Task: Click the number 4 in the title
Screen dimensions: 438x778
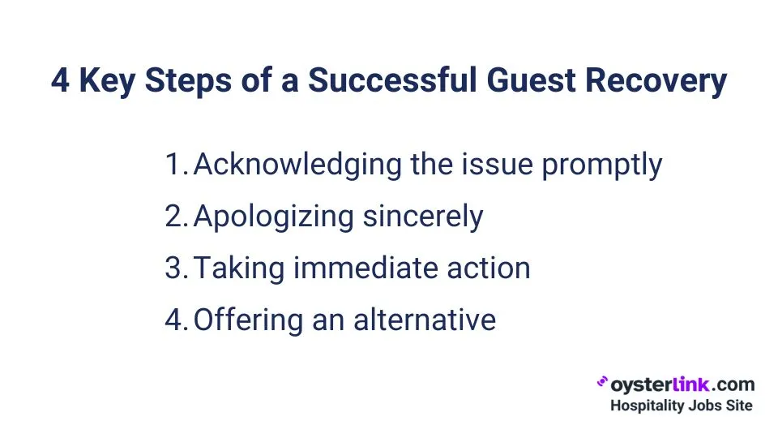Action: pyautogui.click(x=60, y=81)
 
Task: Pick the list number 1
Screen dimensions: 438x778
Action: pyautogui.click(x=176, y=165)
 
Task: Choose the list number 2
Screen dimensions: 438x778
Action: pyautogui.click(x=177, y=217)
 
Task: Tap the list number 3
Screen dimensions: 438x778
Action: pyautogui.click(x=177, y=268)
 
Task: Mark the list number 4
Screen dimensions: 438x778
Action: pyautogui.click(x=177, y=320)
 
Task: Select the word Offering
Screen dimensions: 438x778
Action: pyautogui.click(x=237, y=320)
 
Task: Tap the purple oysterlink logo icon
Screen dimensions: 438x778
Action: pyautogui.click(x=602, y=382)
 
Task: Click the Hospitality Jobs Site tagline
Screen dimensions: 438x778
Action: pyautogui.click(x=681, y=405)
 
